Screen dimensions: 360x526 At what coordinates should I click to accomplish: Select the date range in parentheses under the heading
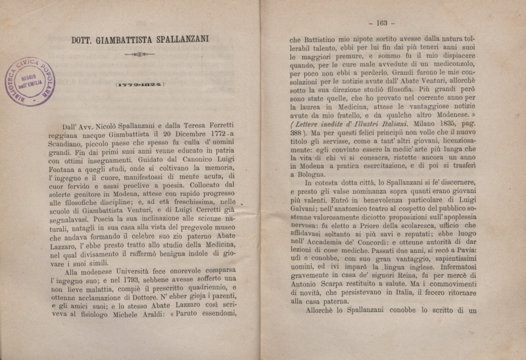(x=141, y=84)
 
